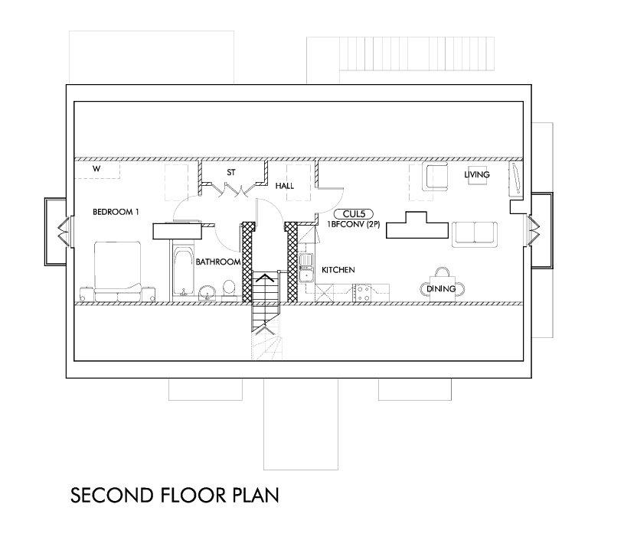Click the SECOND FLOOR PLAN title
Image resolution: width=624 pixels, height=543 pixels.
point(175,496)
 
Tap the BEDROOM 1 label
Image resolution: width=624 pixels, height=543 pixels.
point(116,212)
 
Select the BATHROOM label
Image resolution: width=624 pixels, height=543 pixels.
point(218,262)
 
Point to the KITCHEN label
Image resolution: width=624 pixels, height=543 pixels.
point(338,270)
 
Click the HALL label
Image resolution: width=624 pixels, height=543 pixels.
point(285,186)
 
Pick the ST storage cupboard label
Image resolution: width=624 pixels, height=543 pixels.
point(231,173)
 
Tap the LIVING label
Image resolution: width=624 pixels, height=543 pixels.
point(477,174)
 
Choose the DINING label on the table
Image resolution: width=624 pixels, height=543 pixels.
point(441,288)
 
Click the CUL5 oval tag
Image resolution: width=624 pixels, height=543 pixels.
point(354,214)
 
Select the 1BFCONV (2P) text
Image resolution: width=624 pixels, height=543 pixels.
point(354,224)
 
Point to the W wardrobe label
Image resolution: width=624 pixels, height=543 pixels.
point(96,168)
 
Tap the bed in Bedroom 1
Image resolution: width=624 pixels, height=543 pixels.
point(117,271)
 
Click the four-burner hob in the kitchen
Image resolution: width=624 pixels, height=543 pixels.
point(362,293)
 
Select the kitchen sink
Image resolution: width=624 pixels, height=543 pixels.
point(306,268)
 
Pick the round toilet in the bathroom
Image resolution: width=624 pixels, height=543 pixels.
point(229,288)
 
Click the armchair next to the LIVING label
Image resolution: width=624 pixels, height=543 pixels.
point(438,176)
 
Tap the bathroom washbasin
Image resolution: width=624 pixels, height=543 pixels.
point(207,293)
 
